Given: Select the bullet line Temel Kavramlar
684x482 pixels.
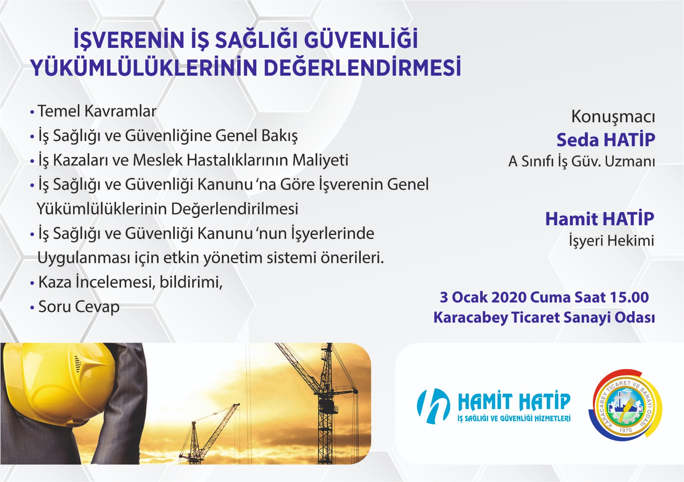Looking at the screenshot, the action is (94, 111).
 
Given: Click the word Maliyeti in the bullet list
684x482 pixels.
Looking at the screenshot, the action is (320, 160).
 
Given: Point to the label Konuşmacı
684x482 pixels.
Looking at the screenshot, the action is (613, 117).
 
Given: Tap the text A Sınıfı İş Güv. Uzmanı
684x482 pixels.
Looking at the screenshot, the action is (581, 161).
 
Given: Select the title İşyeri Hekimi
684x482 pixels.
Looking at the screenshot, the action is (611, 241).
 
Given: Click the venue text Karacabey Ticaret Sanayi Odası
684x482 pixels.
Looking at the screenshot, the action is (544, 317).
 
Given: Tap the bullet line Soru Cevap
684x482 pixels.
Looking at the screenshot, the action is (75, 307).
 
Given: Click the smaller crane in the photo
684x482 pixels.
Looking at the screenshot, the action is (208, 433).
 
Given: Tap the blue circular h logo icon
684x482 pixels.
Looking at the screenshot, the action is (433, 406).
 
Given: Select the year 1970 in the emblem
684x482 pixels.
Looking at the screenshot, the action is (625, 430).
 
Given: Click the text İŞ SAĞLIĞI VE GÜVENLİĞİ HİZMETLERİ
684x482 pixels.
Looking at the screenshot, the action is (514, 418).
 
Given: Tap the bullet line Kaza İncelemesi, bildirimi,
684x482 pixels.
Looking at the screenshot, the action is (127, 282).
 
